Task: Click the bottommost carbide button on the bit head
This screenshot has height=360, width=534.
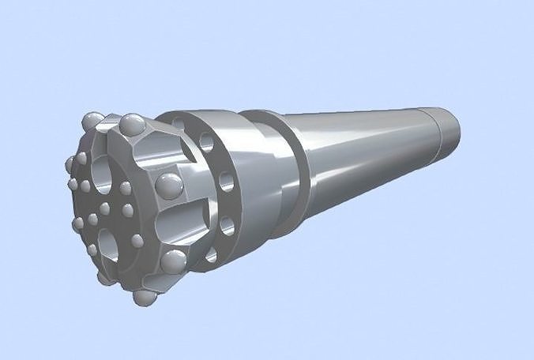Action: (x=144, y=297)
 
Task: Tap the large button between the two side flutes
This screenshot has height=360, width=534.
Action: (x=168, y=186)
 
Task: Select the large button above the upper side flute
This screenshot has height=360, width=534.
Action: (x=132, y=124)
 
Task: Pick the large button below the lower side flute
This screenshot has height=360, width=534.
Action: (x=175, y=261)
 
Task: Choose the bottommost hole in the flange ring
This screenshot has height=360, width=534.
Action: (x=211, y=253)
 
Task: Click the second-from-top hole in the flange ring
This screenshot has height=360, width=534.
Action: (x=207, y=143)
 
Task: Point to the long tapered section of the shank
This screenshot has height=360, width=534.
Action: (x=363, y=158)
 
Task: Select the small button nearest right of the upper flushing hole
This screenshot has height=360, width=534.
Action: (x=125, y=189)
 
